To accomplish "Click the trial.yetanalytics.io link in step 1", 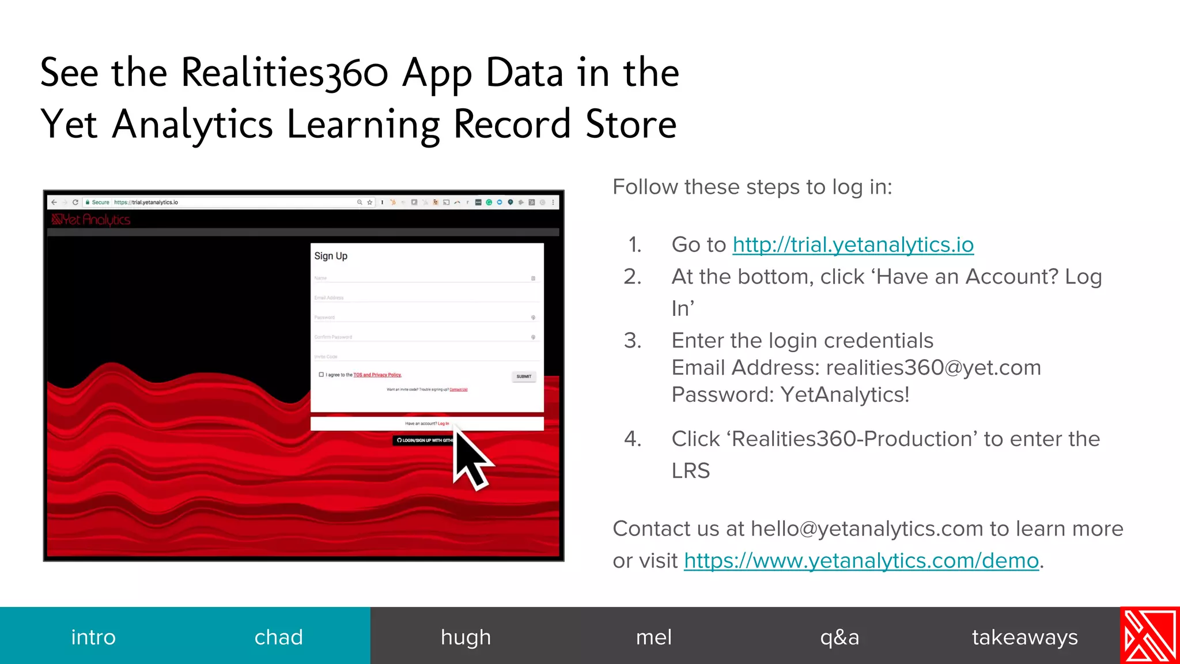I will tap(853, 245).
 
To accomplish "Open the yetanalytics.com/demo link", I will tap(861, 561).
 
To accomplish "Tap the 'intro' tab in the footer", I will tap(93, 637).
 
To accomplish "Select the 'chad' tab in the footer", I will tap(278, 637).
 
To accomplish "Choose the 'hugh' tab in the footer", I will tap(466, 637).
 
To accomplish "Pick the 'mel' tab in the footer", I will tap(653, 637).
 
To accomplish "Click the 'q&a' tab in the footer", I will tap(839, 637).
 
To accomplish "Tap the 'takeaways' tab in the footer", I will tap(1024, 637).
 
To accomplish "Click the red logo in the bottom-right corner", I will tap(1149, 635).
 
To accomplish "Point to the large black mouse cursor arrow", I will tap(469, 458).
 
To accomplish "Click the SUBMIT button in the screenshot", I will tap(524, 376).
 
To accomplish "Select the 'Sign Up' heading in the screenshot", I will tap(331, 256).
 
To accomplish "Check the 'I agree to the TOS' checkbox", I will tap(322, 375).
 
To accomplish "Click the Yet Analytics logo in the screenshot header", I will tap(91, 220).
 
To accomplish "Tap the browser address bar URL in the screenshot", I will tap(146, 202).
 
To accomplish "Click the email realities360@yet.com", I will tap(933, 368).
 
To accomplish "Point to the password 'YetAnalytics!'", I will tap(845, 395).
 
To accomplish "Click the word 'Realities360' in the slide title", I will tap(285, 74).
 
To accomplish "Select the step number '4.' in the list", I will tap(633, 439).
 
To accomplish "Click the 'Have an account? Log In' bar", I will tap(427, 424).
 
